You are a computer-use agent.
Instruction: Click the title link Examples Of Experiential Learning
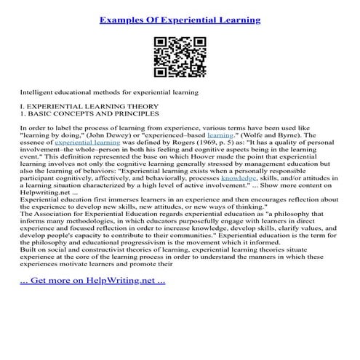(x=180, y=20)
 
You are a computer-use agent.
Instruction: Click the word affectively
(x=122, y=177)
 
